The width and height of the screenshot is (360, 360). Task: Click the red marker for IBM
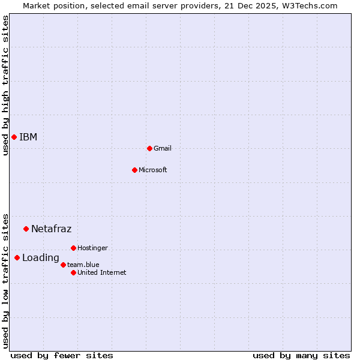[x=14, y=137]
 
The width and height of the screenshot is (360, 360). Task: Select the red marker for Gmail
[x=149, y=148]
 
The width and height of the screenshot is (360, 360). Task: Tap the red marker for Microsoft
[x=134, y=170]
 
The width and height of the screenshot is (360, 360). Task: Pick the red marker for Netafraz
[x=26, y=229]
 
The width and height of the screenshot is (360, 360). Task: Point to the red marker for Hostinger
[x=73, y=248]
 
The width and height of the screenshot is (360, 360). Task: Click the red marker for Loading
[x=17, y=258]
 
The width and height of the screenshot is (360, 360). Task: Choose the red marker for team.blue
[x=63, y=265]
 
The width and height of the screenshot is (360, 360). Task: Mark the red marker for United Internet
[x=73, y=272]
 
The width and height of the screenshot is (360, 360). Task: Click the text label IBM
[x=28, y=137]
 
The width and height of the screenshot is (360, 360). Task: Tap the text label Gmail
[x=163, y=148]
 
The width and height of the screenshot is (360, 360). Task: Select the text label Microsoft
[x=153, y=170]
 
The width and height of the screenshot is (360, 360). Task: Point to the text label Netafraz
[x=52, y=229]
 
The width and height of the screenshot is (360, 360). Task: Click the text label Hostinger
[x=93, y=248]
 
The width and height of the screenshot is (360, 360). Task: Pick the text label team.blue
[x=83, y=265]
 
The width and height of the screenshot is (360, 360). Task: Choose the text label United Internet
[x=102, y=272]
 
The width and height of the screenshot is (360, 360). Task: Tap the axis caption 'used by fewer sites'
[x=62, y=355]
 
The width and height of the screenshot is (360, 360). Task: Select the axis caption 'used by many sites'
[x=301, y=355]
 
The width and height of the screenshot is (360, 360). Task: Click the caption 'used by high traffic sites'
[x=6, y=85]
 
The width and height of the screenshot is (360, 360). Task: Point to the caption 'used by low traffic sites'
[x=6, y=280]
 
